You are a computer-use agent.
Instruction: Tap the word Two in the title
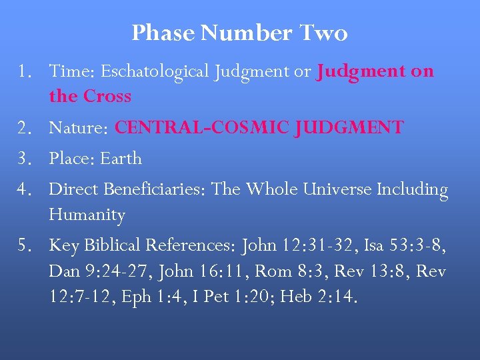pyautogui.click(x=323, y=33)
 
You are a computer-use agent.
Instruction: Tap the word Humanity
pyautogui.click(x=87, y=215)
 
